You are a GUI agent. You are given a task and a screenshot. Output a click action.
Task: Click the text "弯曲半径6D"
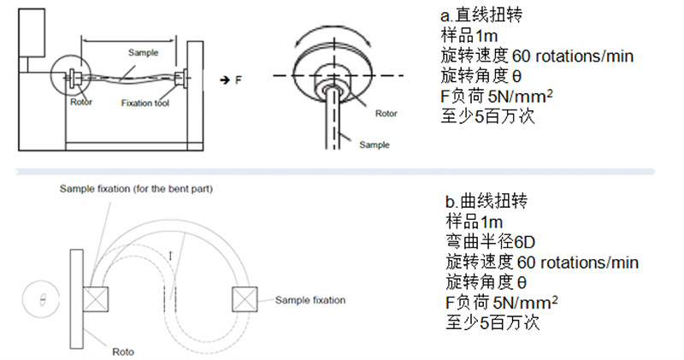(x=488, y=242)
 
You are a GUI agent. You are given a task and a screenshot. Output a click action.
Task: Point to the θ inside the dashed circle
(x=38, y=299)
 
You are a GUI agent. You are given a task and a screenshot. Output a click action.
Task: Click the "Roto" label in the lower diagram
(x=123, y=351)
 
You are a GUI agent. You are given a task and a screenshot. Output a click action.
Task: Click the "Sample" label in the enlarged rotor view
(x=374, y=145)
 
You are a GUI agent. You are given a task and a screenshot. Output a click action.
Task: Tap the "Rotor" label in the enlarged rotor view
(x=386, y=111)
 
